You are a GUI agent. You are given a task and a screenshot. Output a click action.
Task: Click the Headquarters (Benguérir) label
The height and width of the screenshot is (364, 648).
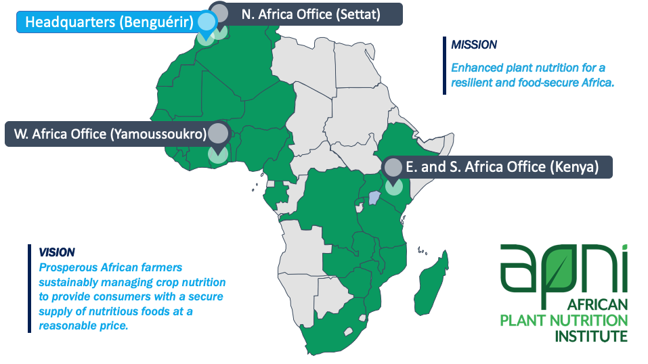click(109, 22)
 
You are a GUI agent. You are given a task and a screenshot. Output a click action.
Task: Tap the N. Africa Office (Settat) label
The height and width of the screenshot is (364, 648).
click(310, 14)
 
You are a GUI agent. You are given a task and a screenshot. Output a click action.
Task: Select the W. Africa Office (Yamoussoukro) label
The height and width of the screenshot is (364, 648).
click(110, 134)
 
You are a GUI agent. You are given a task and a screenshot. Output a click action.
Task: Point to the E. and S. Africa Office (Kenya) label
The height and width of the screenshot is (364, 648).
click(502, 167)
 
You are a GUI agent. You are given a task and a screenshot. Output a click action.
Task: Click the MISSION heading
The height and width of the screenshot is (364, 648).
click(474, 45)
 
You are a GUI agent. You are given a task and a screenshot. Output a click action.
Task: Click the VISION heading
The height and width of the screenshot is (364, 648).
click(57, 252)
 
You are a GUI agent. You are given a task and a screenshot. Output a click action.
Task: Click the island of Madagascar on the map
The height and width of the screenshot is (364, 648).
click(432, 283)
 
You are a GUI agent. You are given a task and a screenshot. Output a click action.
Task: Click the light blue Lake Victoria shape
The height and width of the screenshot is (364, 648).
click(374, 198)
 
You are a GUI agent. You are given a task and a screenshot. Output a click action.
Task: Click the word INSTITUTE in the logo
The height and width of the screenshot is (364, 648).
click(591, 336)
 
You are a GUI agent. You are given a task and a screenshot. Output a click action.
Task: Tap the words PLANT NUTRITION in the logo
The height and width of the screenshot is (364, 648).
click(563, 321)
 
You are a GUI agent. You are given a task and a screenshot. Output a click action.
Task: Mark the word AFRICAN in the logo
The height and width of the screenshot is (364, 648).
click(598, 305)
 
